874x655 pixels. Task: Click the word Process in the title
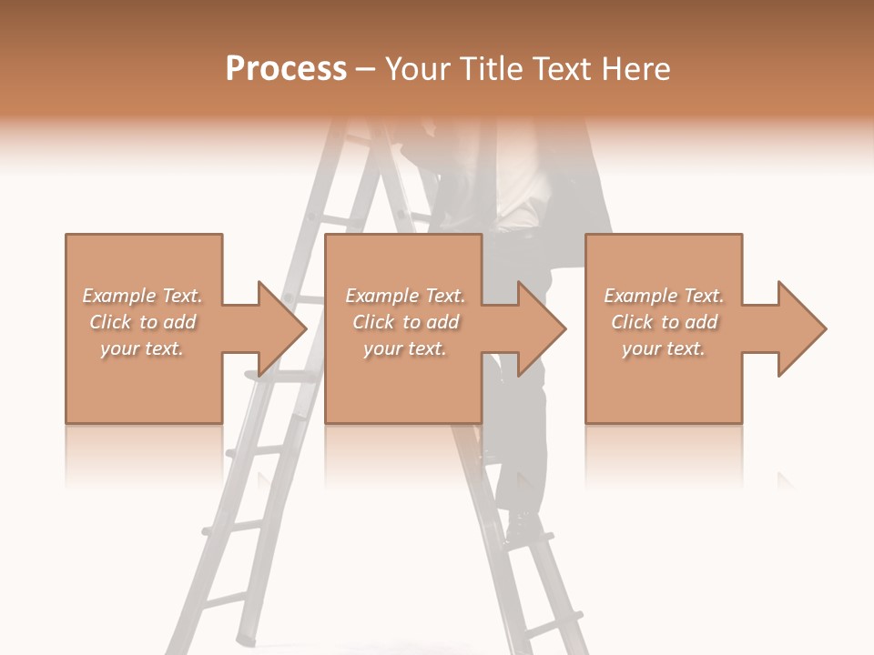286,69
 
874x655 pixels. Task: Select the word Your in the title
419,69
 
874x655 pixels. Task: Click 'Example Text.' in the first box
142,296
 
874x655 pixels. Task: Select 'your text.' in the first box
142,348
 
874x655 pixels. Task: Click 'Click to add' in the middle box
405,322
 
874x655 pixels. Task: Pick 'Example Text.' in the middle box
405,296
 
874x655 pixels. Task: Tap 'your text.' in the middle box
405,348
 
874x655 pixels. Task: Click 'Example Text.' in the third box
664,296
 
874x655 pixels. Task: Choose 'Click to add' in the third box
664,322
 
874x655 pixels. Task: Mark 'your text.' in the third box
664,348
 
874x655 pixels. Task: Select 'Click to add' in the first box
142,322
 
